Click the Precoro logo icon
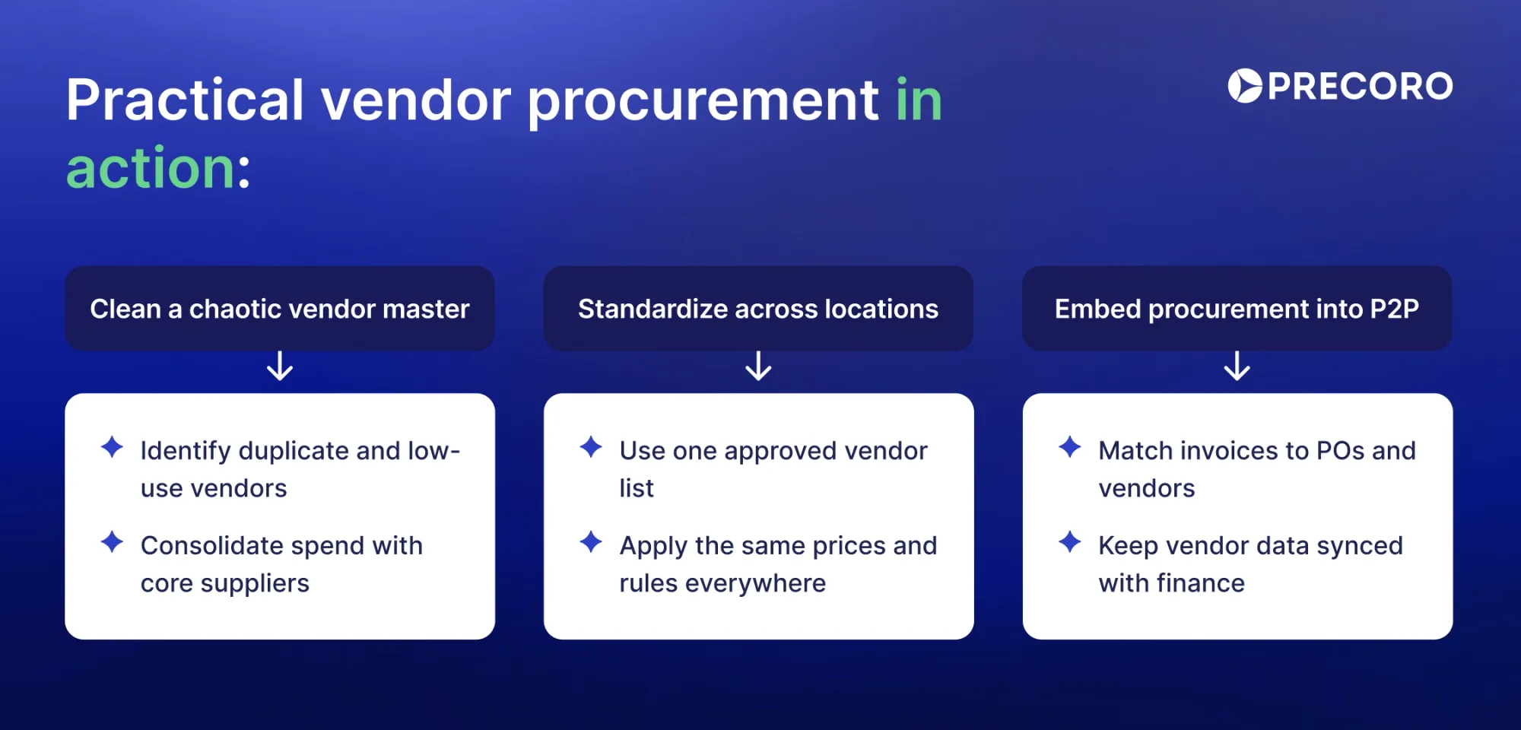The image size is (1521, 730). click(x=1244, y=86)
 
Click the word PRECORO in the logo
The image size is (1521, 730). click(x=1360, y=86)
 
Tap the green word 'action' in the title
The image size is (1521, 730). click(x=151, y=168)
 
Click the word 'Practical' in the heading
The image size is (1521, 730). click(x=185, y=100)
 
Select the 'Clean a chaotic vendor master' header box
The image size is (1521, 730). click(x=280, y=308)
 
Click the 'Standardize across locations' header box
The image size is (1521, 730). click(x=758, y=308)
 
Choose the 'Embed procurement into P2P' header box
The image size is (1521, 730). click(x=1237, y=308)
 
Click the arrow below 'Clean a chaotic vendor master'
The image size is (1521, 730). click(x=280, y=366)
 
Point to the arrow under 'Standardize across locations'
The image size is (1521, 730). click(x=758, y=366)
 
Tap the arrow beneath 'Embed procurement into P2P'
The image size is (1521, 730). click(x=1237, y=366)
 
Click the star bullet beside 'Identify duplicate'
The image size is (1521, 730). click(x=112, y=447)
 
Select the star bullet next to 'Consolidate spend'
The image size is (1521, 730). click(x=112, y=542)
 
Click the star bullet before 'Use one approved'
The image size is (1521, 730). click(x=591, y=447)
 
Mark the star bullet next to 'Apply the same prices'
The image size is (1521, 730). click(x=591, y=542)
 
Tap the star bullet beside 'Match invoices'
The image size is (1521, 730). click(x=1069, y=447)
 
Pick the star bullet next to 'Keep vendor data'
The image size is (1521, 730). click(x=1069, y=542)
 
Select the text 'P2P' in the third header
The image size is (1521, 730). click(x=1393, y=309)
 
